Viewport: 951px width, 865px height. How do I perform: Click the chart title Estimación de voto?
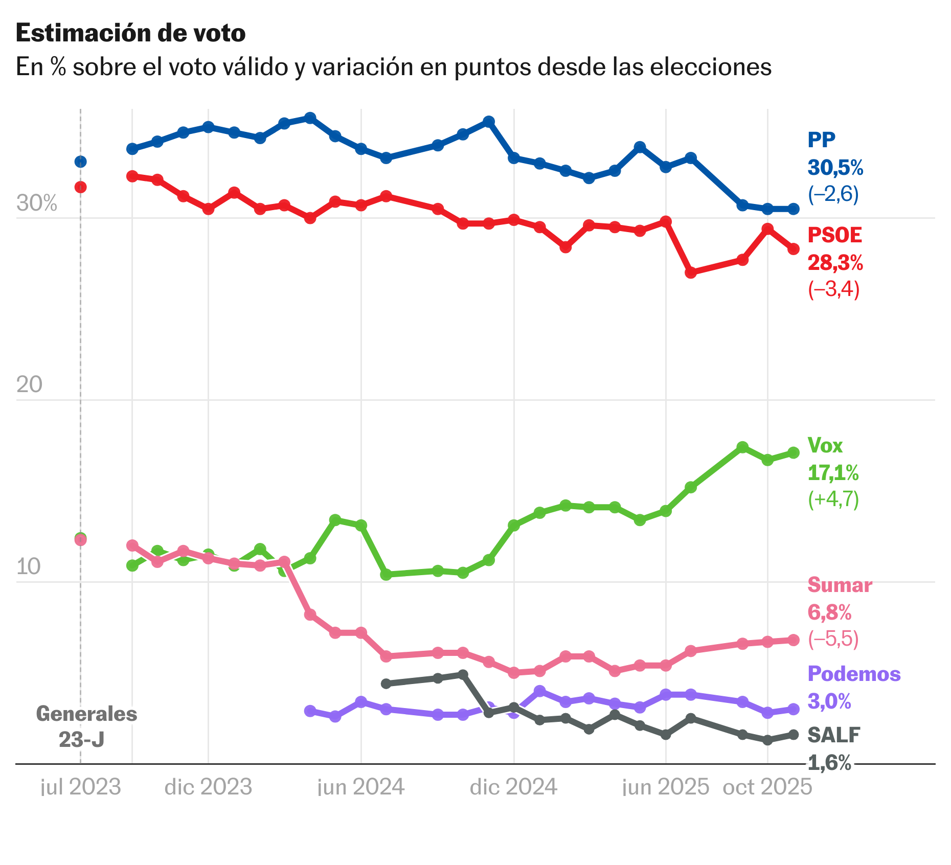[x=130, y=33]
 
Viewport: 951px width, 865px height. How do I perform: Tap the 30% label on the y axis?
[x=36, y=203]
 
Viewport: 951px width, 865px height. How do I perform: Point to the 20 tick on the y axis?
[x=29, y=384]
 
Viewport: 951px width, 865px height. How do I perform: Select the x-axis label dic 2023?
[x=208, y=787]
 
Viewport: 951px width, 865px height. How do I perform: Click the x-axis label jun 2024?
[x=361, y=787]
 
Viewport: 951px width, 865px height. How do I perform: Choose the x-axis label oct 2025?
[x=767, y=787]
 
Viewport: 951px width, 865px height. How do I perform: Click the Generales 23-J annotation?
[x=86, y=726]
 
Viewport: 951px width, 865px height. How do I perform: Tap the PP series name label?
[x=821, y=140]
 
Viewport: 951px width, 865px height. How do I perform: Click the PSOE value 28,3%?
[x=835, y=263]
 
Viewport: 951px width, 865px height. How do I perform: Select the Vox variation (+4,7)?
[x=833, y=499]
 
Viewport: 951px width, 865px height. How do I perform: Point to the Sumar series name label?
[x=840, y=585]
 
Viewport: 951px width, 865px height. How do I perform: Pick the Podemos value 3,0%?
[x=829, y=701]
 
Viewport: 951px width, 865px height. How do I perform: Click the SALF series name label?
[x=833, y=735]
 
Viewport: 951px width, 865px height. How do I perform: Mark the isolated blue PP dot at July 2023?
[x=80, y=162]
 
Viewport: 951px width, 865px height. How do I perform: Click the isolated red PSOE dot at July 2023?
[x=80, y=187]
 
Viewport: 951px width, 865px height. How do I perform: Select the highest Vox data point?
[x=742, y=447]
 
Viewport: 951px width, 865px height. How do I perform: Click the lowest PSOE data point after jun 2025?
[x=691, y=272]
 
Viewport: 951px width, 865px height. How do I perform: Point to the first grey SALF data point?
[x=387, y=684]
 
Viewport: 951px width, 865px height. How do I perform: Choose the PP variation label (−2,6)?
[x=833, y=194]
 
